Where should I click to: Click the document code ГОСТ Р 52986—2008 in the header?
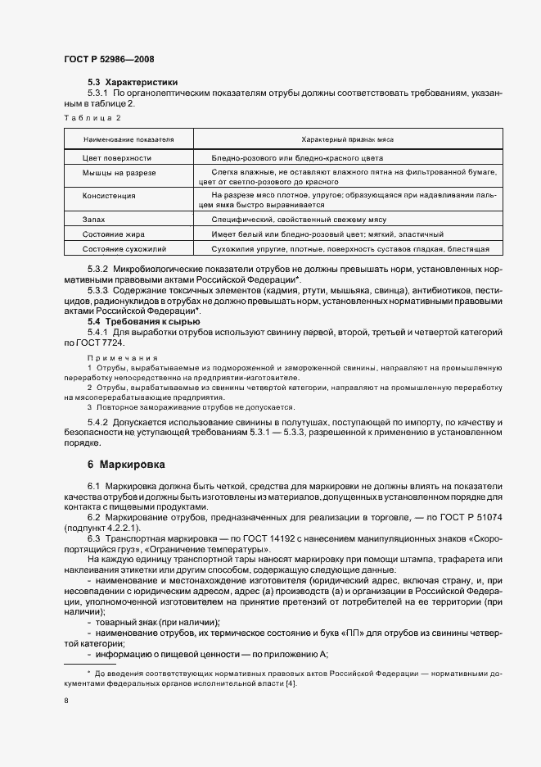pos(108,59)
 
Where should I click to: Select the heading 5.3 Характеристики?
pos(133,83)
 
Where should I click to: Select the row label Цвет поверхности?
pos(117,157)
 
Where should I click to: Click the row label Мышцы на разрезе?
pos(119,173)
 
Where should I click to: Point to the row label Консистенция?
pos(109,196)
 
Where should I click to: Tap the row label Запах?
pos(94,220)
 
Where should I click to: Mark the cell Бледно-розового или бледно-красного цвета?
pos(296,157)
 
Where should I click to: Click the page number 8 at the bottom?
pos(66,701)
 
